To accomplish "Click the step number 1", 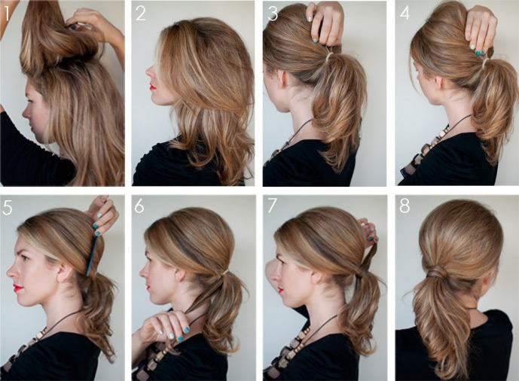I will (7, 12).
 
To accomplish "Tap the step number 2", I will (141, 13).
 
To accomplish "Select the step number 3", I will (272, 13).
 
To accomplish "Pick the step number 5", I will (8, 207).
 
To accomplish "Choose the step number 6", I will (140, 207).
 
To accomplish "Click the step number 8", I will (405, 207).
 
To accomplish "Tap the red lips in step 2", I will (152, 87).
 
